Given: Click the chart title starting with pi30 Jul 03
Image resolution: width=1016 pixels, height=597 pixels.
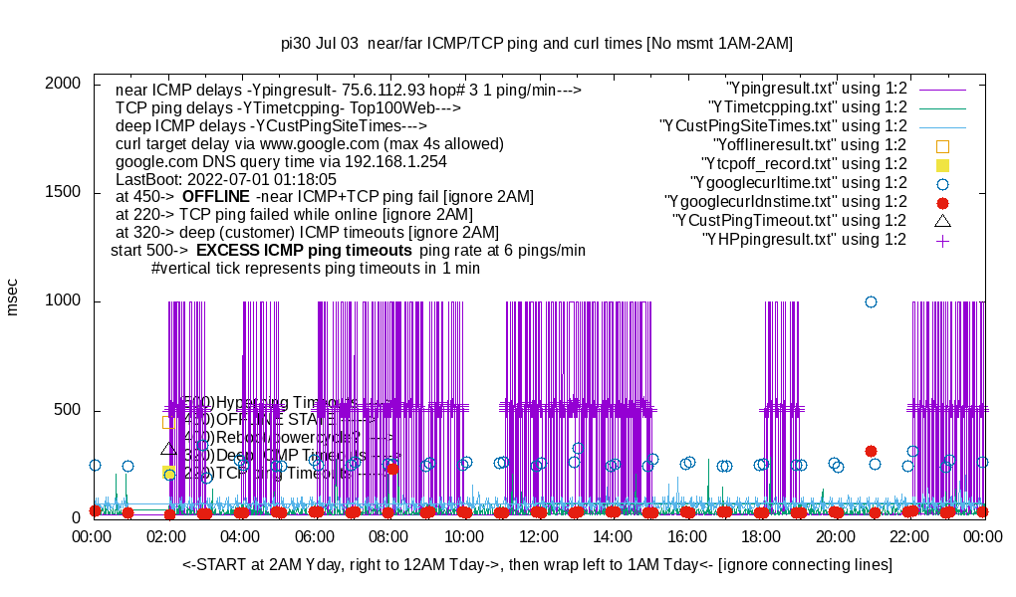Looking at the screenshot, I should [x=537, y=44].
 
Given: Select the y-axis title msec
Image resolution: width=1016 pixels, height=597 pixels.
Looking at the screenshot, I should [x=13, y=297].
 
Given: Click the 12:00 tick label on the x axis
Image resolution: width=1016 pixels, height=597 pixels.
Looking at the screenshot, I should [x=539, y=537].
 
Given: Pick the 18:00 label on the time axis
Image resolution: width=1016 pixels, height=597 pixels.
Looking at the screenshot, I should [x=761, y=537].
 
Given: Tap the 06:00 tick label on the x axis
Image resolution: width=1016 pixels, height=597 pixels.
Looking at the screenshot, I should [x=316, y=537].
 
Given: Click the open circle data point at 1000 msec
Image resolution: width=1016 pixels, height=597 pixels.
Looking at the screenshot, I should [x=871, y=301].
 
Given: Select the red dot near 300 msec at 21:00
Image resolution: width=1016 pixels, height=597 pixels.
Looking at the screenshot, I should [x=871, y=451].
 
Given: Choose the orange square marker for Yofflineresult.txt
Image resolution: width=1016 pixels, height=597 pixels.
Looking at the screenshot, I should [x=942, y=145].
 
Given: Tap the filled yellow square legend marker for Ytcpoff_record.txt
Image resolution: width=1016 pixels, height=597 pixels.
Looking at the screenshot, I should [x=942, y=164].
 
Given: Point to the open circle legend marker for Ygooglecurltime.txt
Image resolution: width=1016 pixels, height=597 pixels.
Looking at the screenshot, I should [x=942, y=183].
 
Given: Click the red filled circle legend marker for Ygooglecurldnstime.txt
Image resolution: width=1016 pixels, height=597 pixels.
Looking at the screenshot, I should [x=942, y=202].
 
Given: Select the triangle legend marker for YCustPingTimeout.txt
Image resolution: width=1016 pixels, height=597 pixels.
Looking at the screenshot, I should [x=942, y=220].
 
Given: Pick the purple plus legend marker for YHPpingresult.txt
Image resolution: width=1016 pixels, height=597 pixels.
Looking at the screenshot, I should [x=942, y=240].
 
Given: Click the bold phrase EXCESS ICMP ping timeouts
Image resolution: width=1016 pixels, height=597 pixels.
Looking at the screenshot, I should [x=304, y=250].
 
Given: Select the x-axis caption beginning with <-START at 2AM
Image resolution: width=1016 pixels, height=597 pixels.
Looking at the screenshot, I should [x=537, y=565].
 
